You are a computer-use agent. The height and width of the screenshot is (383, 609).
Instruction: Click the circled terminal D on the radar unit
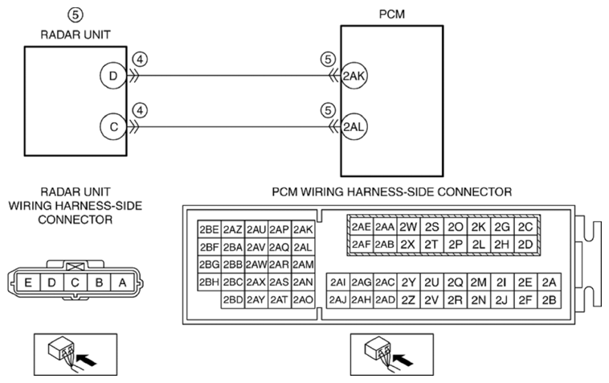113,76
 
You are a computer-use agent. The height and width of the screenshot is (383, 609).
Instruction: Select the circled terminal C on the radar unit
113,127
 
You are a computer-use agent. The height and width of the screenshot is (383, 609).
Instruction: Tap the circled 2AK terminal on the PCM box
354,76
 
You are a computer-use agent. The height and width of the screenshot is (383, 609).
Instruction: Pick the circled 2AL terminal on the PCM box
354,127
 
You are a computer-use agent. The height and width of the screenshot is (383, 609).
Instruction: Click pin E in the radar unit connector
28,282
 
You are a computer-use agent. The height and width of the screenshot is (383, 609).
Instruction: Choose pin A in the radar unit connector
122,282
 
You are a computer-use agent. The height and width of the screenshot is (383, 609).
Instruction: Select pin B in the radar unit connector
99,282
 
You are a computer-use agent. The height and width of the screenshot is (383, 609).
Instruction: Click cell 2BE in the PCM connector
210,230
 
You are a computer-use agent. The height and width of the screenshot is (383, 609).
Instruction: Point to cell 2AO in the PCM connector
303,300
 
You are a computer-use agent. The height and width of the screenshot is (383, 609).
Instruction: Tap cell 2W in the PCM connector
408,227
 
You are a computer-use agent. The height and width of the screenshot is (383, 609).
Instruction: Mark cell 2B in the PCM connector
550,300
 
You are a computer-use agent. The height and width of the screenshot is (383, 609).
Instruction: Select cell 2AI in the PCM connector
338,282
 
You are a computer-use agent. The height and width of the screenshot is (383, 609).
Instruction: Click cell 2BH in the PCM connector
210,282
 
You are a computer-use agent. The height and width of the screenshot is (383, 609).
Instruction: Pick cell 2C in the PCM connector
525,227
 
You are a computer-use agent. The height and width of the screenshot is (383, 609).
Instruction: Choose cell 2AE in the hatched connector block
362,227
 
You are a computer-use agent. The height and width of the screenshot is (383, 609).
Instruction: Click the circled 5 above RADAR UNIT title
76,14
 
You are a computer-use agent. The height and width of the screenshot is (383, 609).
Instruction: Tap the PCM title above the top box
392,14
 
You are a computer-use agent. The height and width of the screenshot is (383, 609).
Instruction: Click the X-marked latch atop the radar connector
76,267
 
